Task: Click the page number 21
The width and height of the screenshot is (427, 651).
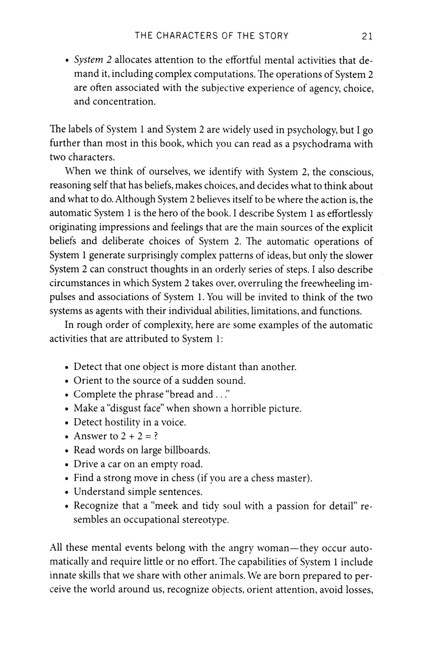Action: click(x=366, y=36)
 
